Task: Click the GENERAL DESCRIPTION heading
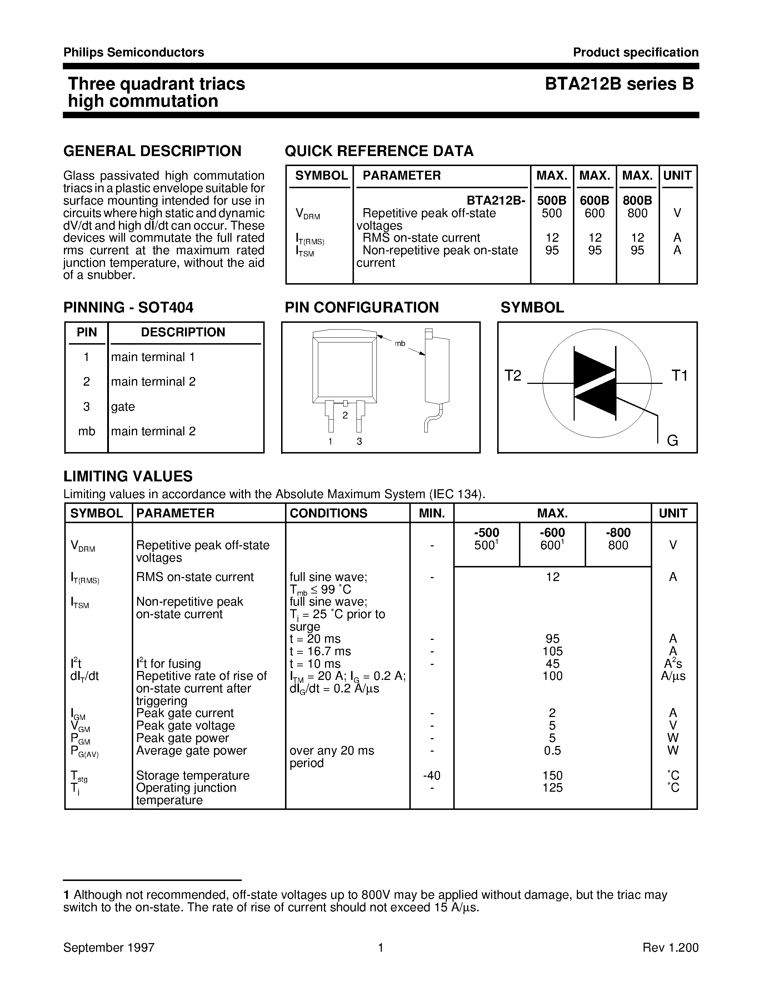click(x=153, y=151)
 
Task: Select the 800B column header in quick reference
click(x=637, y=201)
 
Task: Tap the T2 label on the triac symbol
click(x=513, y=375)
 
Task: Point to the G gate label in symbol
click(x=672, y=441)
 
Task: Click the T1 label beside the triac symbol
click(x=679, y=375)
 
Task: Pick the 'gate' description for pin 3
click(x=123, y=406)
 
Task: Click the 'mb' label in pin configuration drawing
click(x=400, y=344)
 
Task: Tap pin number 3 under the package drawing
click(x=359, y=441)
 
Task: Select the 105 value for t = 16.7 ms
click(x=552, y=651)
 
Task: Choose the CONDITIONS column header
click(x=328, y=513)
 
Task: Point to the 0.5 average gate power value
click(x=552, y=751)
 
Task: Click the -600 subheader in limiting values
click(x=552, y=533)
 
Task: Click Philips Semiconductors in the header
click(x=134, y=52)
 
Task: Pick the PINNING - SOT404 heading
click(x=128, y=307)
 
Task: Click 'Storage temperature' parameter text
click(x=193, y=776)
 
